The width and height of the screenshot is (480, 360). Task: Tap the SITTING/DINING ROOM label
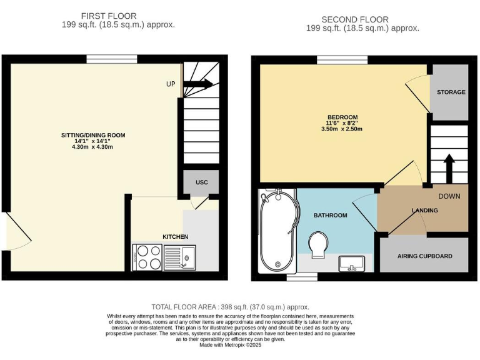click(93, 135)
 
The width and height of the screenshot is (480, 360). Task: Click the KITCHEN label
click(175, 236)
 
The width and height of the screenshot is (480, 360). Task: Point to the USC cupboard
click(201, 182)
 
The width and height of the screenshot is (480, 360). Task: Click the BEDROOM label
click(342, 117)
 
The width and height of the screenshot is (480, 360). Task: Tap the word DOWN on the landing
click(449, 196)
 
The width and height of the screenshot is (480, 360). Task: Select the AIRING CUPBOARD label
click(424, 256)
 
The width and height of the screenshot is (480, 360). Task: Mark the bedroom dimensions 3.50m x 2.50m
click(342, 129)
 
